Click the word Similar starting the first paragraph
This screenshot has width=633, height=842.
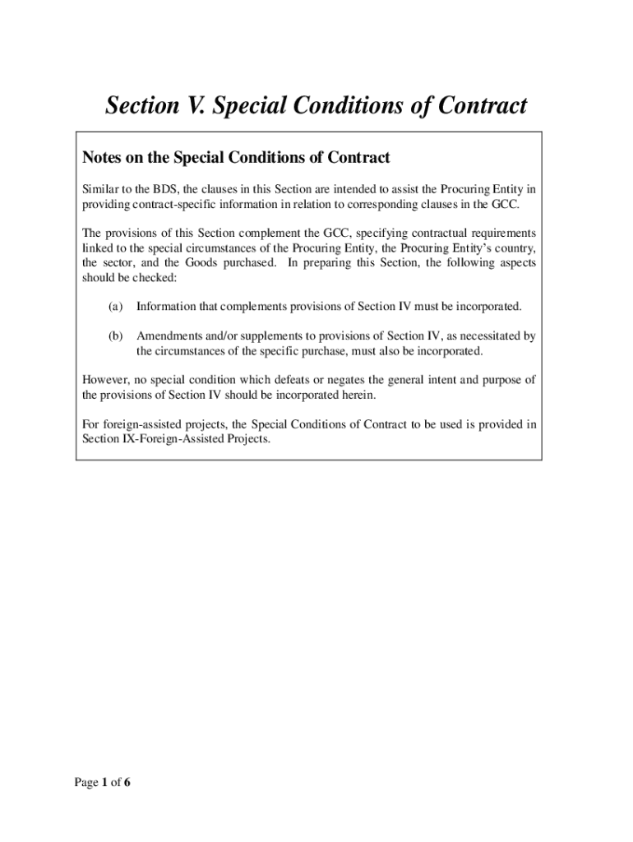pyautogui.click(x=101, y=188)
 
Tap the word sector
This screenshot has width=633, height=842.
pyautogui.click(x=122, y=262)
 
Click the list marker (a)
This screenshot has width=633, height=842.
pyautogui.click(x=115, y=307)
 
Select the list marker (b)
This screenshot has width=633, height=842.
pyautogui.click(x=115, y=336)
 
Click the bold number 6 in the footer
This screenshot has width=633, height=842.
pyautogui.click(x=127, y=782)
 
